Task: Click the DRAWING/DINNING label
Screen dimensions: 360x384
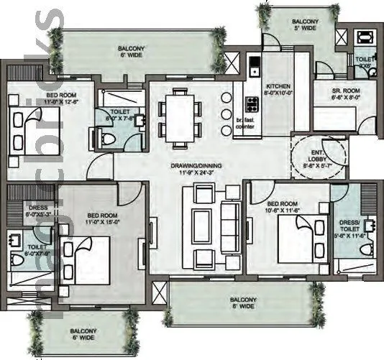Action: click(196, 165)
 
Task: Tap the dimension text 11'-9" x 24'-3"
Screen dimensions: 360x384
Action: click(196, 173)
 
